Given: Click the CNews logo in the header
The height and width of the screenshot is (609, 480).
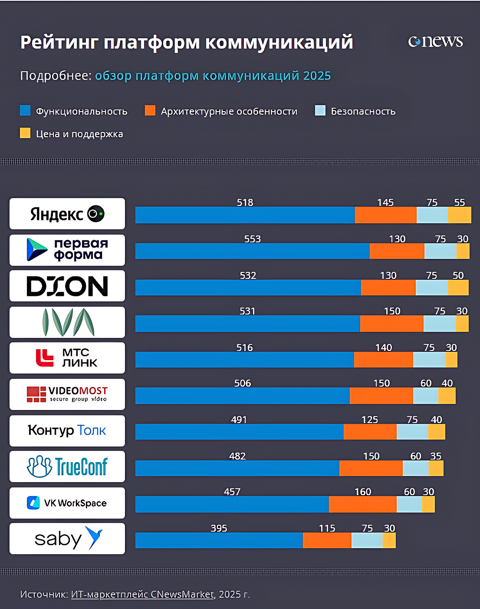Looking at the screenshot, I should pos(435,41).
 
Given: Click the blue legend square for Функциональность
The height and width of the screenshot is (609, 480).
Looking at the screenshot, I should pos(25,110).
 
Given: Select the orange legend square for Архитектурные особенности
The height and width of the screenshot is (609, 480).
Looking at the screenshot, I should pos(150,110).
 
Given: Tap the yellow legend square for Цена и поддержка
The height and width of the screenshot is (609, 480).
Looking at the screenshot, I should pos(25,133).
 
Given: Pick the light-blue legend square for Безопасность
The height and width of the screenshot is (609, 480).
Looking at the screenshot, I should pos(320,110).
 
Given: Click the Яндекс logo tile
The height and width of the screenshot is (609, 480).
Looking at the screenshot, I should pos(67,214).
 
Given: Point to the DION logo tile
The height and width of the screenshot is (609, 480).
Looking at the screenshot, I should pos(67,286).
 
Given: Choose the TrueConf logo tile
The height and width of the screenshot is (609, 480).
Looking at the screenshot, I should pos(67,467).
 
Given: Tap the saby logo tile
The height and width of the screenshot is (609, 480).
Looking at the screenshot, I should pos(67,539).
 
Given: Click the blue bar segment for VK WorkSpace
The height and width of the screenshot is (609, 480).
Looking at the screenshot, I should pos(232,504).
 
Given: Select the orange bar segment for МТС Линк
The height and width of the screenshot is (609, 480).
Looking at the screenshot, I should pos(383,360).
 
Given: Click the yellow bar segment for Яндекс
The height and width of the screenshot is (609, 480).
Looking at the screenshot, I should pos(459,215).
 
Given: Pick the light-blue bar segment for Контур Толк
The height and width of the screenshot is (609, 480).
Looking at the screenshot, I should pos(412,432).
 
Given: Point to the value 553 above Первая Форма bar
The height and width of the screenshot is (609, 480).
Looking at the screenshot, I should pos(252,239).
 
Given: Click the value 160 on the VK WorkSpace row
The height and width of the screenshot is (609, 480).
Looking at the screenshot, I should pos(363,492).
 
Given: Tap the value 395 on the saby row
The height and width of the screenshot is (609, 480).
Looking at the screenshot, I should pos(219,528).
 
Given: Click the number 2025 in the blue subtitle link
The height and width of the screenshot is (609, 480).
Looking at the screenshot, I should pos(317,76).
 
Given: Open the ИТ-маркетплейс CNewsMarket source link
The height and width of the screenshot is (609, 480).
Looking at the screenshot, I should pos(142,594).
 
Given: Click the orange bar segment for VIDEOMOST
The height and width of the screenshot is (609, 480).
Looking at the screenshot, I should pos(381,396).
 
